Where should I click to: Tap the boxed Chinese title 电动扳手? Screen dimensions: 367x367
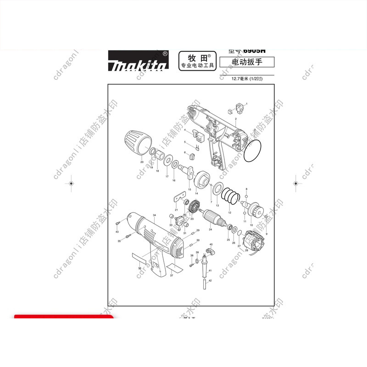[247, 62]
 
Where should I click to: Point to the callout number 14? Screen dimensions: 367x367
[196, 194]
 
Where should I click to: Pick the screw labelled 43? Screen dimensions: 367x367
[117, 222]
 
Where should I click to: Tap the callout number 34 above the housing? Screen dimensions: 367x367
[155, 215]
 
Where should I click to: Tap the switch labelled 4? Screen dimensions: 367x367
[199, 134]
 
